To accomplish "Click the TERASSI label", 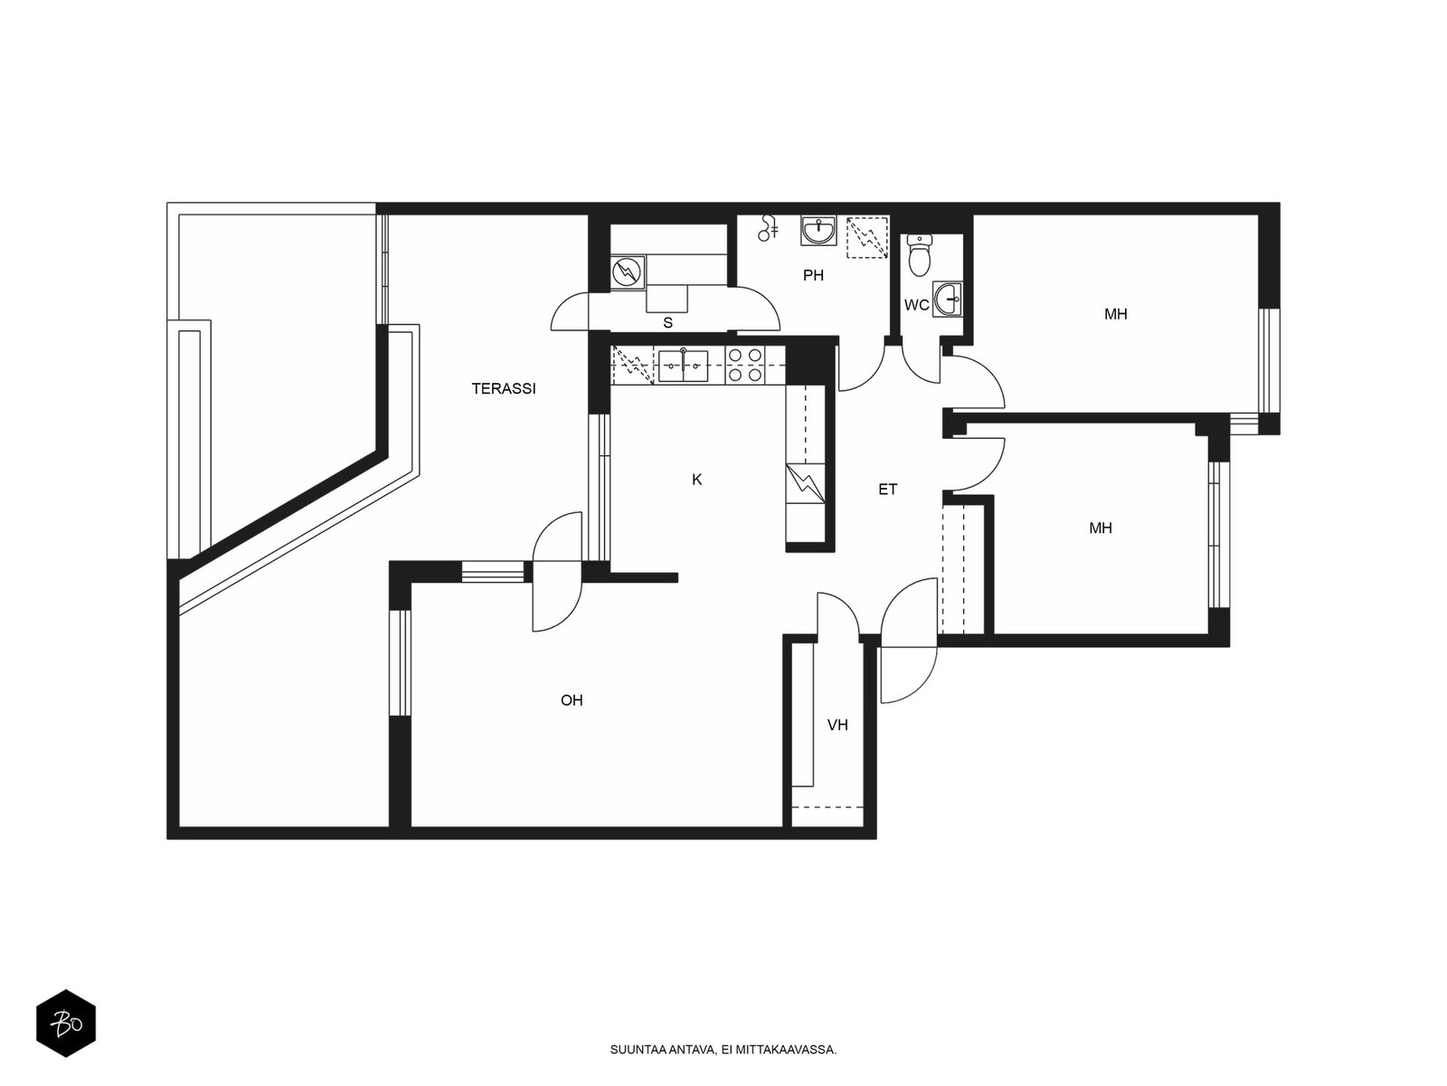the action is (x=504, y=389).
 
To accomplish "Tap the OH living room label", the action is (x=572, y=700).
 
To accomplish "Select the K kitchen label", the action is (x=696, y=480).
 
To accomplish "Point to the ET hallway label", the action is (x=887, y=490).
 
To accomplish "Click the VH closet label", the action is (x=837, y=725).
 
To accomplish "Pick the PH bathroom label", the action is (x=813, y=276).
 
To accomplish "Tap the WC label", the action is (x=916, y=305).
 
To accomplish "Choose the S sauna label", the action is (x=667, y=323).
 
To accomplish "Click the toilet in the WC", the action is (x=919, y=255).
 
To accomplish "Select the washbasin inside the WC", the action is (x=948, y=300).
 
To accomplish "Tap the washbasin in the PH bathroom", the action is (x=818, y=232).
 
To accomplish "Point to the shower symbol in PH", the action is (x=767, y=228).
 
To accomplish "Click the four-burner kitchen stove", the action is (x=745, y=366).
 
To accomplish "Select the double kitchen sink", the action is (x=683, y=366).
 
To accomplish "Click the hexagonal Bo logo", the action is (x=66, y=1024).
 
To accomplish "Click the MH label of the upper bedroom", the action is (x=1115, y=315).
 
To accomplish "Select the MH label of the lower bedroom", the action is (x=1101, y=529).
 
